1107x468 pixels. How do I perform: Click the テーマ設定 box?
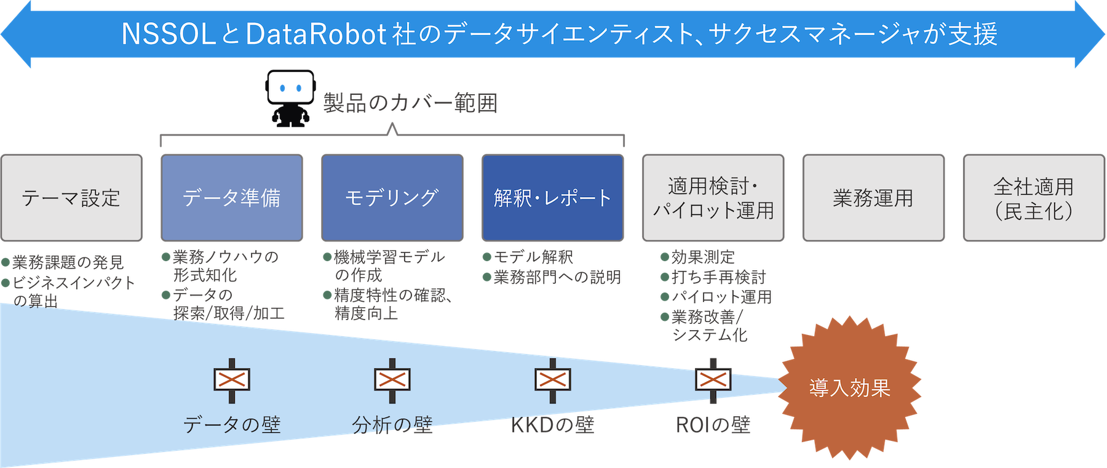(71, 198)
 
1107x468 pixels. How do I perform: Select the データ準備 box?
(231, 198)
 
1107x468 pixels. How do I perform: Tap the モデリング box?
(392, 198)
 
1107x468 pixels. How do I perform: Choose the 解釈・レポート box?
(552, 198)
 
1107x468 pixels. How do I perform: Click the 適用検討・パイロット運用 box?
(713, 198)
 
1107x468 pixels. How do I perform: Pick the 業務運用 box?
(873, 198)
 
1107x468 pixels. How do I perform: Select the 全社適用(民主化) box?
(1033, 198)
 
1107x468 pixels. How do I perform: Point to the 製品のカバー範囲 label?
(410, 103)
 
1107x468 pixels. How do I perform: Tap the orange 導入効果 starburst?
(849, 388)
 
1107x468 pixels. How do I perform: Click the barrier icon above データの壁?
(232, 380)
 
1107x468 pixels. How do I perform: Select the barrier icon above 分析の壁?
(392, 380)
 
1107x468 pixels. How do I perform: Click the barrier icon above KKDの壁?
(552, 380)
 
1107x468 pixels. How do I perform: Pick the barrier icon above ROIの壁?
(713, 380)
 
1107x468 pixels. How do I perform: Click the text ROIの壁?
(713, 425)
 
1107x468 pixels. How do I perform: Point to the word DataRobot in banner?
(315, 34)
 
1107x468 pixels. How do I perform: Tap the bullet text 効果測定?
(702, 257)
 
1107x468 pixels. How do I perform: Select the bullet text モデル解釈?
(533, 257)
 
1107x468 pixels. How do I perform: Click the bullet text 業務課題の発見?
(68, 262)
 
